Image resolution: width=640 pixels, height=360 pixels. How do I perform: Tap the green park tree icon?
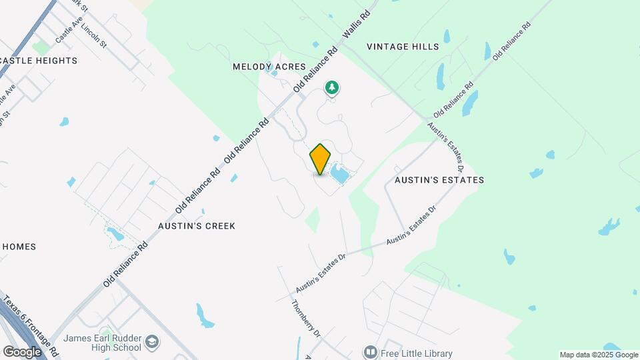click(332, 87)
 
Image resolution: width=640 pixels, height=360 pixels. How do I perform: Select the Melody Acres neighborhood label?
click(269, 67)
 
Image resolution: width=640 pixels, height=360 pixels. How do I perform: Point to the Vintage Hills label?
click(403, 47)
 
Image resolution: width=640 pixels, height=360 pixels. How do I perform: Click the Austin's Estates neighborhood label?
click(439, 180)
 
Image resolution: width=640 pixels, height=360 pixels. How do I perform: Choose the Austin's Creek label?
click(197, 226)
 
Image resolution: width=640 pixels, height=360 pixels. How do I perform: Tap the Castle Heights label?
click(39, 61)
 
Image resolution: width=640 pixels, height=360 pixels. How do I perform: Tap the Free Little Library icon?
click(370, 351)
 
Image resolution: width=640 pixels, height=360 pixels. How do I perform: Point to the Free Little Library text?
click(417, 353)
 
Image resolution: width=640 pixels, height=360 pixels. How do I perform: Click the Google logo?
click(23, 351)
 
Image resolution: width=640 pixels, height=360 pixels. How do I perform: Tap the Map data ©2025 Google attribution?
click(598, 355)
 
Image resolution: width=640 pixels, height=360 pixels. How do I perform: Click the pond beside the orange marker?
click(339, 175)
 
